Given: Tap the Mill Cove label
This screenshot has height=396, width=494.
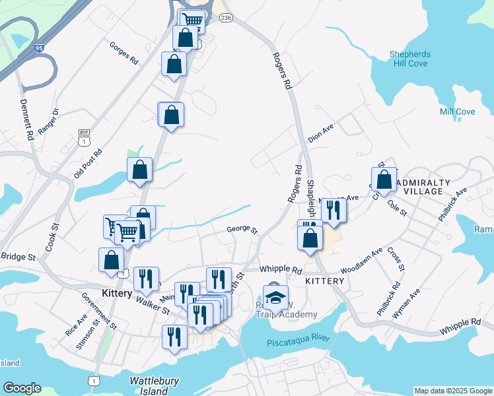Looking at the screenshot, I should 456,112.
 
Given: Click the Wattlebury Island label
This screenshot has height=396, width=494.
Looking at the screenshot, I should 153,385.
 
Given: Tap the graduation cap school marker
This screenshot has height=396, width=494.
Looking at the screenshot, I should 275,298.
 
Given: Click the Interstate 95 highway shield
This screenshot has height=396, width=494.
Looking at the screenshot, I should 39,48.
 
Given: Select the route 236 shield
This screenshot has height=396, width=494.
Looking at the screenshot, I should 226,16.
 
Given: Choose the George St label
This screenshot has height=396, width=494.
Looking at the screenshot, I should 242,229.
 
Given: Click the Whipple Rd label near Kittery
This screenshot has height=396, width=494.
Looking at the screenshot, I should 280,270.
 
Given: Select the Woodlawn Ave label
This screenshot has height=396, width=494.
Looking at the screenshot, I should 361,261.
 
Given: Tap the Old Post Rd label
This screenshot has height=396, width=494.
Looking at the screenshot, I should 88,163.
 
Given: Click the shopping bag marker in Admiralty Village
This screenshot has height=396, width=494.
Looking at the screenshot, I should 384,179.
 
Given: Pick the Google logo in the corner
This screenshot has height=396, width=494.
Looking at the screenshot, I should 22,388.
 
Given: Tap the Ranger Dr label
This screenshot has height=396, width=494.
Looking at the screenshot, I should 48,121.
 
